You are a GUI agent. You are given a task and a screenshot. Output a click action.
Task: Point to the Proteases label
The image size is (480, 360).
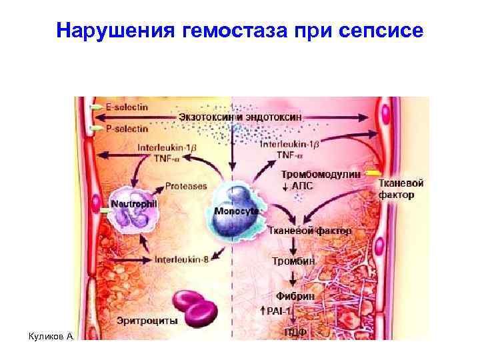tap(186, 186)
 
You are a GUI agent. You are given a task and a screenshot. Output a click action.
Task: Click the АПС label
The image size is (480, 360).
tap(302, 186)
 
